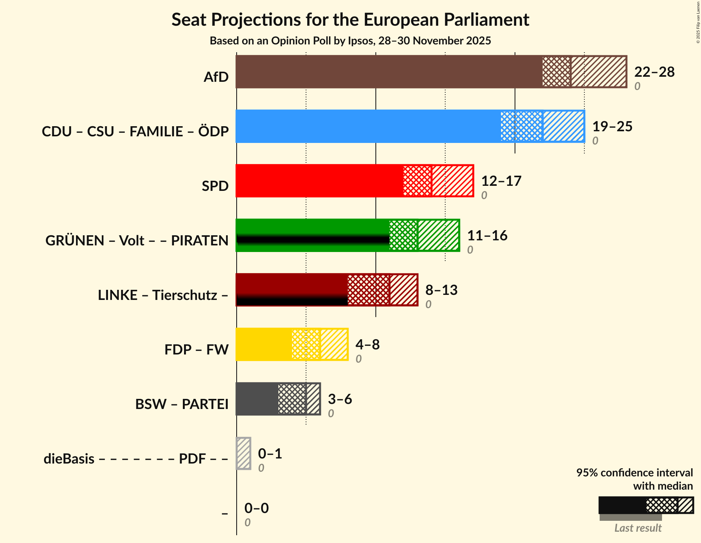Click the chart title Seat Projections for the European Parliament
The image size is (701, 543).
350,19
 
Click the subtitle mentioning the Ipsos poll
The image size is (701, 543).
350,41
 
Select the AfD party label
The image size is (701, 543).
216,77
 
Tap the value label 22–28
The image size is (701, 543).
654,72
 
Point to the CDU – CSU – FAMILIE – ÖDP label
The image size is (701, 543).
135,132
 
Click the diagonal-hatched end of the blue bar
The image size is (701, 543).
563,126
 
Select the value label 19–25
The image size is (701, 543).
612,127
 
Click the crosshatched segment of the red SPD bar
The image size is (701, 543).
417,181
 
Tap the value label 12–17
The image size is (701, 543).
501,181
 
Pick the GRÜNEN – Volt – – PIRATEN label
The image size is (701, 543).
137,241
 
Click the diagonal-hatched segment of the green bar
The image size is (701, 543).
438,235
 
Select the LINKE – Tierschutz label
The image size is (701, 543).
163,295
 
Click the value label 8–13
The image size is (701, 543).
441,290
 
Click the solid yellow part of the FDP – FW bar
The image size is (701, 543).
264,344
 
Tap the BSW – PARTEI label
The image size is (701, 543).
182,404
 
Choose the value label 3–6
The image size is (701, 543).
340,399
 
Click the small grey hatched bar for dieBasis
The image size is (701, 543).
244,453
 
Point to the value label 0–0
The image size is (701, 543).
256,508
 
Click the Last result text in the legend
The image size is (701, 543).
638,528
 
